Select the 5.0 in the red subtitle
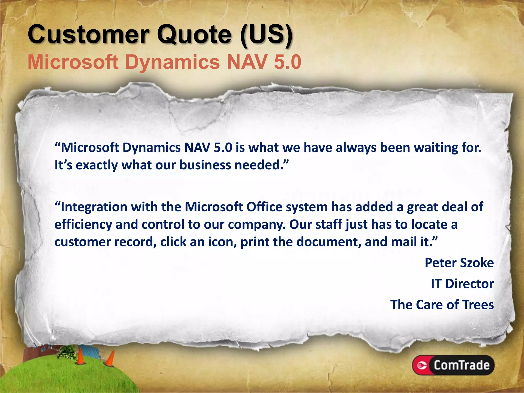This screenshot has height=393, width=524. [287, 62]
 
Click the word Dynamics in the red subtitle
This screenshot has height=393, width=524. [172, 62]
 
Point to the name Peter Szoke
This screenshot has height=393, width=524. [459, 263]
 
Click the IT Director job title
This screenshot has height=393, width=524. [462, 284]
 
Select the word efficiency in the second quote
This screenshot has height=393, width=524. [83, 225]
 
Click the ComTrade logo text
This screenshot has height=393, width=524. [461, 365]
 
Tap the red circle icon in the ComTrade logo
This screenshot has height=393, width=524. [421, 365]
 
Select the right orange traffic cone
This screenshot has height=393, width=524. [111, 359]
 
